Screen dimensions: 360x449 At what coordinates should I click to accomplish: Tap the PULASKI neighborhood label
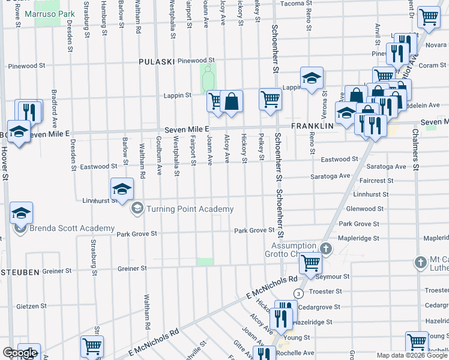click(156, 61)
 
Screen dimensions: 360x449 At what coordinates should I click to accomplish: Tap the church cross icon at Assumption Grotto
click(326, 248)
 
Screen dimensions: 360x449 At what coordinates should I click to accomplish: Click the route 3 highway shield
click(298, 293)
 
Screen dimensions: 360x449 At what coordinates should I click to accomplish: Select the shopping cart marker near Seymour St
click(311, 262)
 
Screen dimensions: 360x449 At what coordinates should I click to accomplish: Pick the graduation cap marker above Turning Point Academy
click(122, 188)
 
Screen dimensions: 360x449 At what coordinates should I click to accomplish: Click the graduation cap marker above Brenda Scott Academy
click(21, 213)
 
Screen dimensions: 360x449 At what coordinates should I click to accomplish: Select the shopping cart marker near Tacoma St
click(429, 18)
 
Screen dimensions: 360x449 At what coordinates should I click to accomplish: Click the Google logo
click(19, 352)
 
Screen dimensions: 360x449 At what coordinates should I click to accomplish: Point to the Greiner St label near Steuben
click(133, 269)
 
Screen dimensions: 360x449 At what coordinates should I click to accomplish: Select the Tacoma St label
click(293, 4)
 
